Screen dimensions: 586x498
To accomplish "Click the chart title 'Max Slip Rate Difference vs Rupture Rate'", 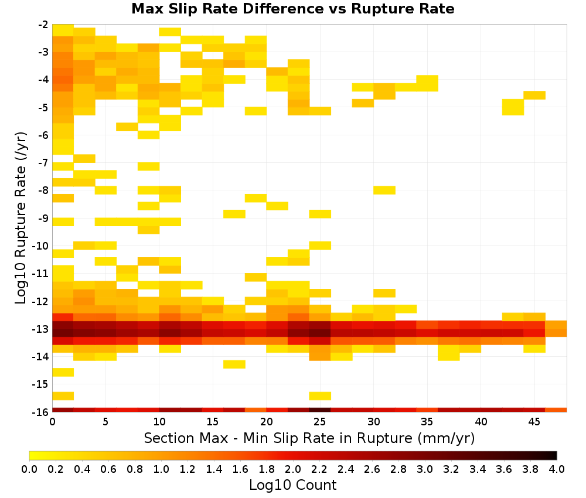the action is [x=292, y=9].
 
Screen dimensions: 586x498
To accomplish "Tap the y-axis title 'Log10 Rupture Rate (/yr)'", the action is [x=21, y=218].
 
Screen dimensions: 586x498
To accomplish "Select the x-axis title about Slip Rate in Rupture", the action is [x=309, y=438].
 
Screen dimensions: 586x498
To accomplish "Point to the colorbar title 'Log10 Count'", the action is [x=292, y=485].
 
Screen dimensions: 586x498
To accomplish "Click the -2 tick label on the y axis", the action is [x=43, y=25].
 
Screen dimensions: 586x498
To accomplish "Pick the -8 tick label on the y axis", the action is [x=43, y=190].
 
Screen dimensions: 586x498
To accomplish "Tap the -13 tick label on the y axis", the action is [x=41, y=329].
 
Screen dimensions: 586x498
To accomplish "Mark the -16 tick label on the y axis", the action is [x=41, y=412].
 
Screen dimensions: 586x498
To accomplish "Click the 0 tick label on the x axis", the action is [x=52, y=422].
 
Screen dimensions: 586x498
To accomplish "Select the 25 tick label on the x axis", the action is [x=319, y=422].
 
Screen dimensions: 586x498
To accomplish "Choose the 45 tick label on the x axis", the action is [x=534, y=422].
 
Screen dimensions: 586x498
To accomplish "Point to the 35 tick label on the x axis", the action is [x=427, y=422].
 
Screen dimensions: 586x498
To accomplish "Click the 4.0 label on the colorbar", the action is [x=557, y=469].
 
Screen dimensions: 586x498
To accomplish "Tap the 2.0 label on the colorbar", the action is [x=292, y=469].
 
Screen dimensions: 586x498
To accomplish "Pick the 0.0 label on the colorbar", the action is [x=29, y=469].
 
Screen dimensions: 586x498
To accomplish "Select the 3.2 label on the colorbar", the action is [x=451, y=469].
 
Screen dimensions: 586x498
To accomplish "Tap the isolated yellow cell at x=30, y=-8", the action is [x=384, y=190].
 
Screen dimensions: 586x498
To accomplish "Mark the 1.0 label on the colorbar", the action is [x=161, y=469].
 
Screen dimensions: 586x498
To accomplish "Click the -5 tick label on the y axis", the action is [x=43, y=108].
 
